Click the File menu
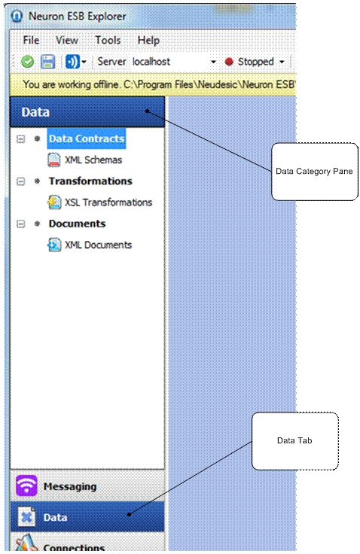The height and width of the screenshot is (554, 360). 31,40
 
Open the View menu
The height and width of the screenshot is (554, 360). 67,40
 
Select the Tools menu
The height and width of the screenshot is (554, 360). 108,40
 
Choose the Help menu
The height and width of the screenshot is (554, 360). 148,41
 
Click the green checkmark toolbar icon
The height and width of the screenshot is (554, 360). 28,62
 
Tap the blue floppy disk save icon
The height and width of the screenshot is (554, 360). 47,62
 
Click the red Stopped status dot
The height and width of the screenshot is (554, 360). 229,62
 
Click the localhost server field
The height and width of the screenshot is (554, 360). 151,62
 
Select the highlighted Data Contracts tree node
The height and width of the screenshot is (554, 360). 87,138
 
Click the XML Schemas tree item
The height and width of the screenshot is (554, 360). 93,160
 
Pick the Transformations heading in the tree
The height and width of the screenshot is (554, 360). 90,181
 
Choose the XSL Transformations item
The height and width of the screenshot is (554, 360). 108,202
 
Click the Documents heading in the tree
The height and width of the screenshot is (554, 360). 77,224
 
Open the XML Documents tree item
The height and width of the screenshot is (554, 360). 99,245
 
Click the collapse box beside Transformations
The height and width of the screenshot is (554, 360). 21,181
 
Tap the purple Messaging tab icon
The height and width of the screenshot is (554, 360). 26,486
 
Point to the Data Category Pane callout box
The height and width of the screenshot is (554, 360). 315,172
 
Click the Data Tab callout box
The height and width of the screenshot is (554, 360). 295,441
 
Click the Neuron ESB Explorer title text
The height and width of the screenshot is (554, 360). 77,17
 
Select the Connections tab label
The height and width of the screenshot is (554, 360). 74,548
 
